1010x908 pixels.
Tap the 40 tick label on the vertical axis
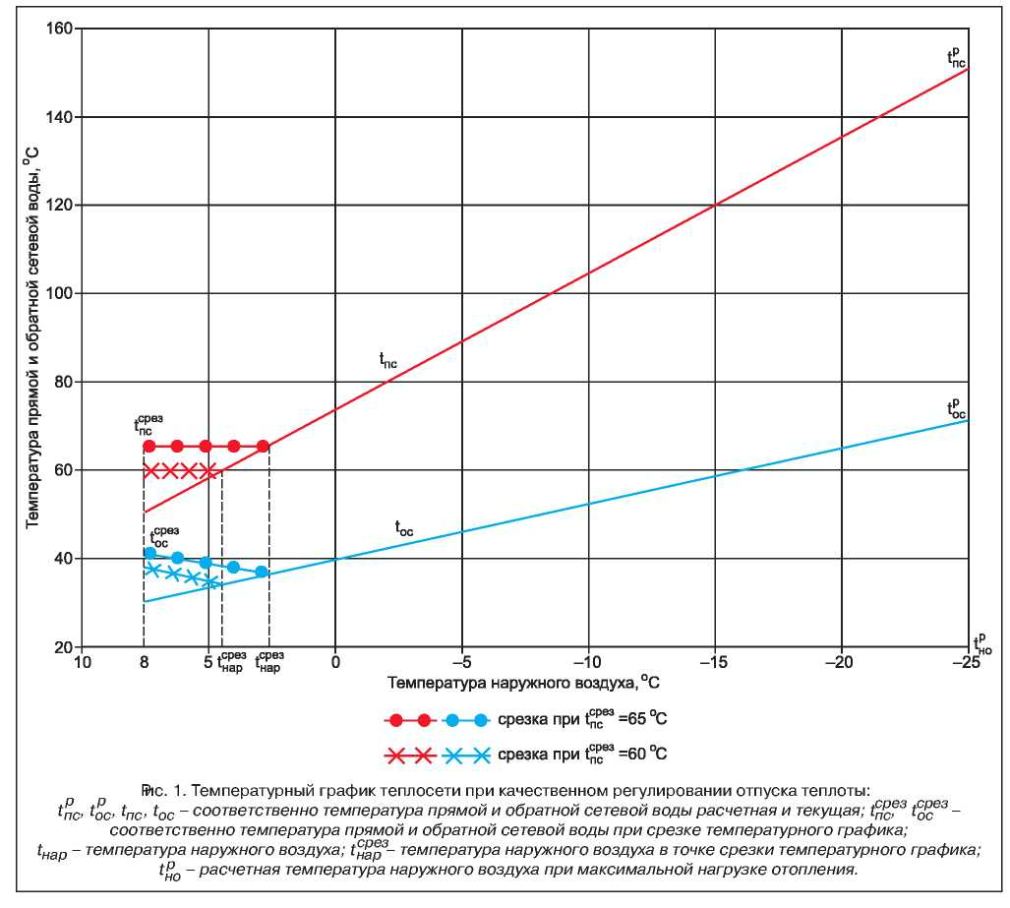(x=62, y=559)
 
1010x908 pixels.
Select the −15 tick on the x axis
(x=714, y=662)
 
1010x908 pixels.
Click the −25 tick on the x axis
(x=968, y=662)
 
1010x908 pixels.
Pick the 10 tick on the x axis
(x=83, y=662)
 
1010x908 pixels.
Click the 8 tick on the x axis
(x=145, y=662)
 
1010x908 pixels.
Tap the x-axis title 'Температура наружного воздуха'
(x=520, y=681)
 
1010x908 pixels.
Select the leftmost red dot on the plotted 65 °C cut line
(x=149, y=447)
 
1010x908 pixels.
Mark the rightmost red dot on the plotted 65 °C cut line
(x=263, y=447)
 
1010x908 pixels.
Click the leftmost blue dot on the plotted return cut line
(x=149, y=553)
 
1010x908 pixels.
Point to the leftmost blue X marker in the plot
(x=152, y=570)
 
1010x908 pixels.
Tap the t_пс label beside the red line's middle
(x=388, y=361)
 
